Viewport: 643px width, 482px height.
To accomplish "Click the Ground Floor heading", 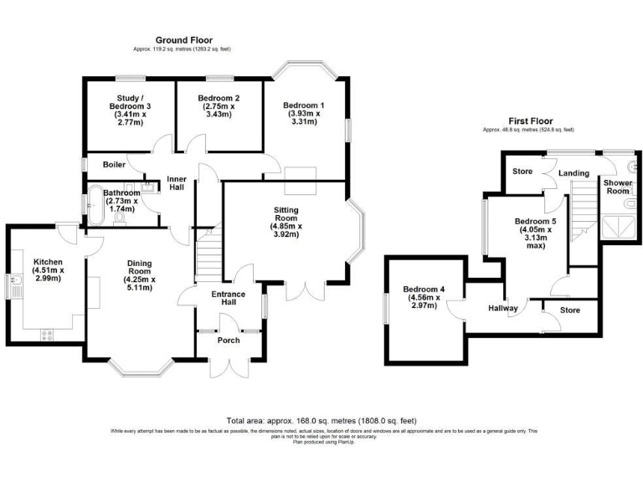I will point(183,40).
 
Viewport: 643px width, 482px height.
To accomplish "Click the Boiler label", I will point(114,165).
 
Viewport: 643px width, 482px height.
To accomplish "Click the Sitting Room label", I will point(290,222).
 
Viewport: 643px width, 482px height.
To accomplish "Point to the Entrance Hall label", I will point(228,299).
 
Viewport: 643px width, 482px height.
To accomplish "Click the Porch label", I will point(228,340).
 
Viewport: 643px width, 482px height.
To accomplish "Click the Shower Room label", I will point(617,186).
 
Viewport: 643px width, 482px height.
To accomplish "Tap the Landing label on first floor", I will point(574,173).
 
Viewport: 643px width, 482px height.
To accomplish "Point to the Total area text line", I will point(321,420).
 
